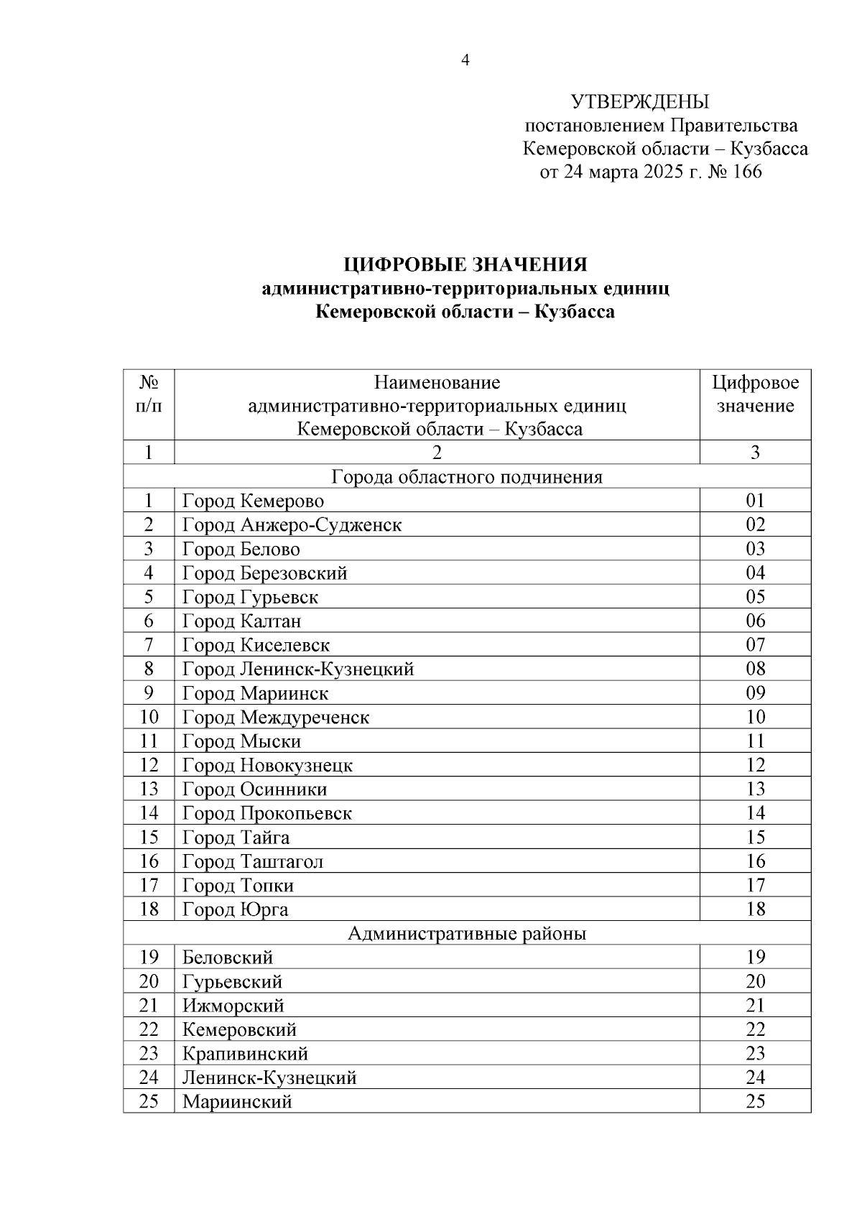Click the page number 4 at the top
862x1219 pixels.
465,61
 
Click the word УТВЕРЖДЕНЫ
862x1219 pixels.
639,102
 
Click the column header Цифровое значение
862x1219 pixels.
755,394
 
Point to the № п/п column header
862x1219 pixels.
149,394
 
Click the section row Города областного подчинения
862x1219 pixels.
467,477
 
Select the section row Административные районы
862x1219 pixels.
467,934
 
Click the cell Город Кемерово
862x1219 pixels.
253,501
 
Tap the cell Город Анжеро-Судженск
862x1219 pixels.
292,525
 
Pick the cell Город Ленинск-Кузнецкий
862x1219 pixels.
298,669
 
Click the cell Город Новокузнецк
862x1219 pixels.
267,766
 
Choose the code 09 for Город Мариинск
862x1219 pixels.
755,693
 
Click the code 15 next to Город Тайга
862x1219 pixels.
755,838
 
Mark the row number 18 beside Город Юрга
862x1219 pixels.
149,909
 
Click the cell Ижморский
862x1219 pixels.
233,1006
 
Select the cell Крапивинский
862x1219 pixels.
245,1054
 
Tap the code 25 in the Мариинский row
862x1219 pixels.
755,1102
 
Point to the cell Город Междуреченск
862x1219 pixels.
276,718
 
